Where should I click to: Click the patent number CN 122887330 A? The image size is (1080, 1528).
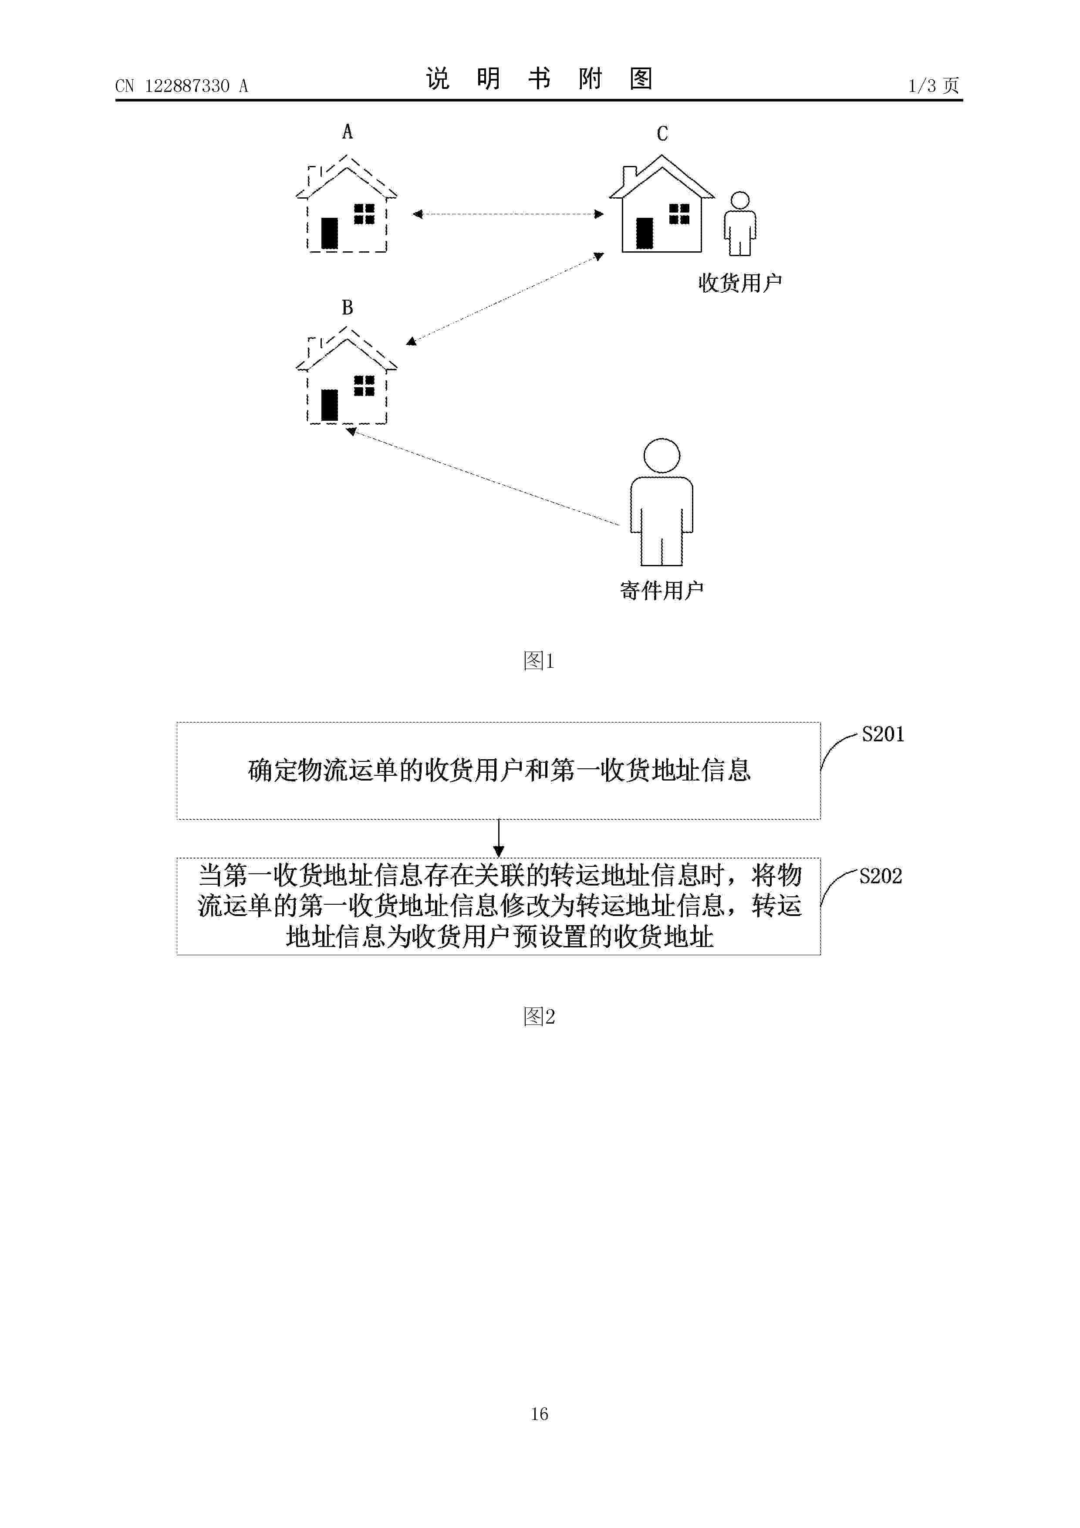182,86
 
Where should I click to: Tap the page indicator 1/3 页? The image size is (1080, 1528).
934,85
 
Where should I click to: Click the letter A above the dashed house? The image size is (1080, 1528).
348,132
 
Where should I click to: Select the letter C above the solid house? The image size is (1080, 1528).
662,134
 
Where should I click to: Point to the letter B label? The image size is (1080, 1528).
348,308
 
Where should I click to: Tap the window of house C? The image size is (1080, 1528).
679,214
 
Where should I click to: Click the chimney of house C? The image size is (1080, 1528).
629,176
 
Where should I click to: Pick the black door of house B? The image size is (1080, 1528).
329,405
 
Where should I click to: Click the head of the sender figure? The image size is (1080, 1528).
661,456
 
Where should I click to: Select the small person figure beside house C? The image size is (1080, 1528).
740,223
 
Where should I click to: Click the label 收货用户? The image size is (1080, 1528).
740,283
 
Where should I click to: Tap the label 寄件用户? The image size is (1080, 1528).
662,590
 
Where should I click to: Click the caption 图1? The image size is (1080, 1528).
539,661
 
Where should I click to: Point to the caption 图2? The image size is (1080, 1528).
539,1016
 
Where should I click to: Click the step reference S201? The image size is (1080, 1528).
883,734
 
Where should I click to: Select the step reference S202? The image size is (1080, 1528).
881,876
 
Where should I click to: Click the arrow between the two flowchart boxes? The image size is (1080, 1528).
498,838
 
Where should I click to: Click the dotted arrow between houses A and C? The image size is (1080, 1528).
508,214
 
